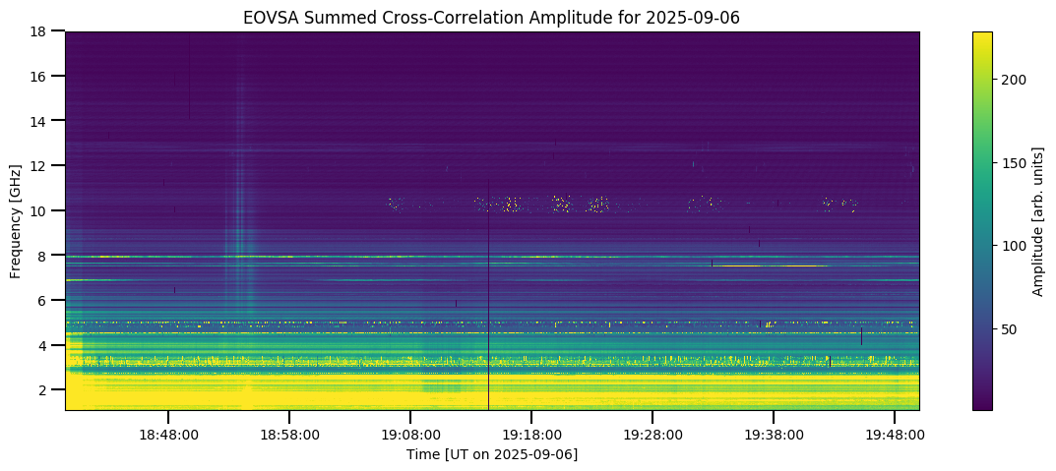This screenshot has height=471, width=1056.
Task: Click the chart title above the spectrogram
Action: click(x=492, y=18)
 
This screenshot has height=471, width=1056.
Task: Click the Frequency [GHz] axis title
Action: click(x=16, y=221)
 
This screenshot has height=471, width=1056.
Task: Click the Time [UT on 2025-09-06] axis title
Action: click(x=492, y=454)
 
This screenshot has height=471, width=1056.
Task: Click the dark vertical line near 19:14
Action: click(x=488, y=295)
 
